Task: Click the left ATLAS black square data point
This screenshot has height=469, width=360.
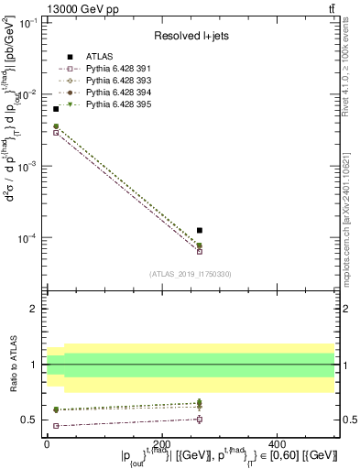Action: [56, 109]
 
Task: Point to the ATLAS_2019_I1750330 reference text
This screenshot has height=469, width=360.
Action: [191, 273]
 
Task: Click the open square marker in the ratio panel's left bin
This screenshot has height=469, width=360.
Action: [56, 426]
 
